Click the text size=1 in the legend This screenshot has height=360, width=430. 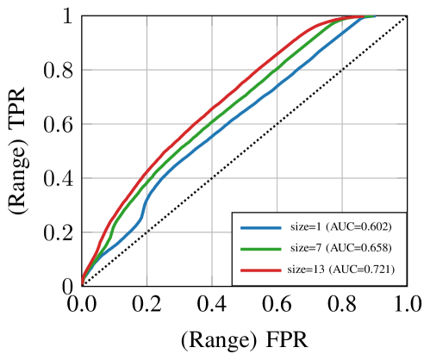[308, 227]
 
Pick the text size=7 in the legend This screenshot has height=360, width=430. [308, 248]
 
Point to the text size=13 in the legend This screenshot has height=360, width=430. [305, 269]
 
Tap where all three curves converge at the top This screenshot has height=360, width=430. [371, 16]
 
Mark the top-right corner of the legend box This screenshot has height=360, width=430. [405, 212]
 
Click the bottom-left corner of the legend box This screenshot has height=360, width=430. [233, 284]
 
